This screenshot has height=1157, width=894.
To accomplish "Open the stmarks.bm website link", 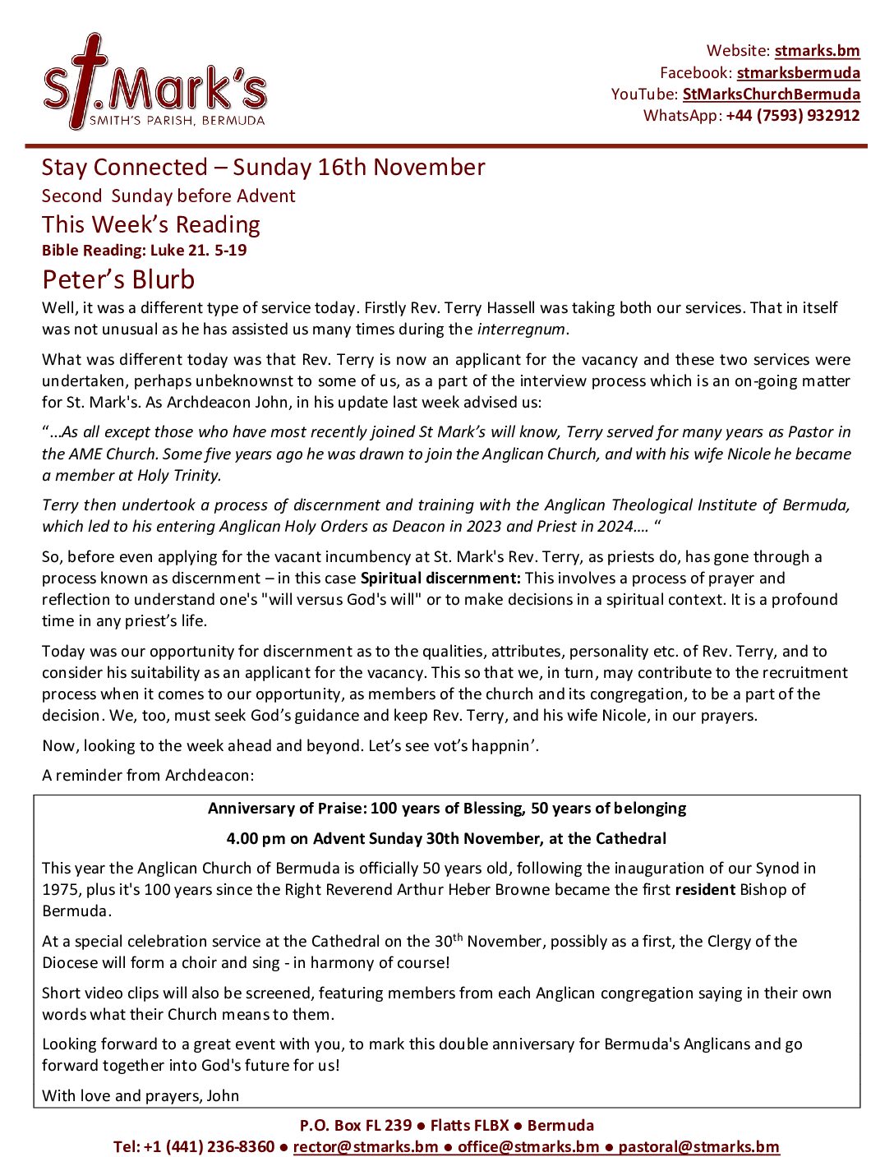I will tap(817, 51).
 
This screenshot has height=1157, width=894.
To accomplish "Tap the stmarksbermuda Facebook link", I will tap(798, 72).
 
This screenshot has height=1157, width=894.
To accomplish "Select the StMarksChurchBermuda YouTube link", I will tap(771, 94).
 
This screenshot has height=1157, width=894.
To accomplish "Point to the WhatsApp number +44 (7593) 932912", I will tap(792, 115).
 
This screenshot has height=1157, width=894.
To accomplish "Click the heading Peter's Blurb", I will tap(118, 279).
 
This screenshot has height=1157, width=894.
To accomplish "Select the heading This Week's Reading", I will tap(151, 224).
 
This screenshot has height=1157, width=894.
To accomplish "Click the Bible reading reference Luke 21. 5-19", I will tap(198, 250).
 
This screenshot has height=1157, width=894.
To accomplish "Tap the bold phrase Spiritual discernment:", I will tap(440, 578).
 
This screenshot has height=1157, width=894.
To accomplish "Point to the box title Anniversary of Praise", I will tap(447, 808).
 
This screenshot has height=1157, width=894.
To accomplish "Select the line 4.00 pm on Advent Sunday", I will tap(447, 838).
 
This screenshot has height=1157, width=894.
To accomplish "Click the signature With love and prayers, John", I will tap(141, 1095).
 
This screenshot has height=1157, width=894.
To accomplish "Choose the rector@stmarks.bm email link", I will tap(366, 1146).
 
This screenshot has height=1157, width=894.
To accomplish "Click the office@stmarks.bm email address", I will tap(528, 1146).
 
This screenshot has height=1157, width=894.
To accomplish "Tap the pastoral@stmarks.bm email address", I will tap(698, 1146).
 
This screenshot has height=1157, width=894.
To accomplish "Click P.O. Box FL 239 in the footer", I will tap(356, 1125).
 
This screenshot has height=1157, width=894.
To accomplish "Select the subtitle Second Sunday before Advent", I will tap(168, 196).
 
